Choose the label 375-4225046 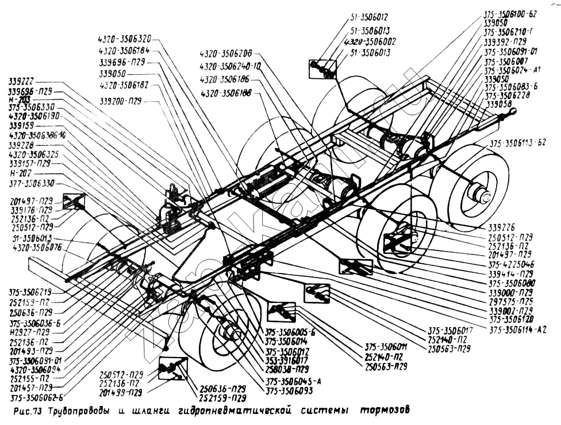(x=510, y=264)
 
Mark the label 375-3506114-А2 (x=517, y=330)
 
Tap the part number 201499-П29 (x=120, y=393)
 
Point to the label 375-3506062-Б (x=37, y=397)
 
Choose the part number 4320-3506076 (x=37, y=248)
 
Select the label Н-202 (x=21, y=173)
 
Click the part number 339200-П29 (x=120, y=101)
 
